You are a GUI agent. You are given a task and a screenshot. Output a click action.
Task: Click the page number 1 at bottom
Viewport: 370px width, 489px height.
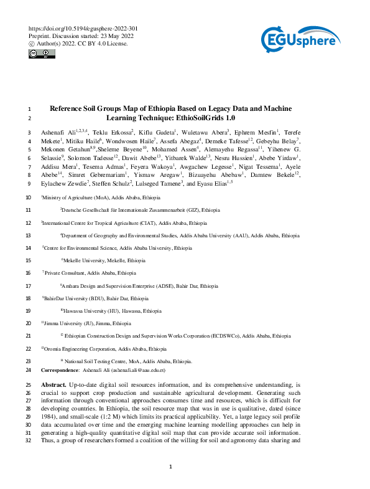tap(170, 467)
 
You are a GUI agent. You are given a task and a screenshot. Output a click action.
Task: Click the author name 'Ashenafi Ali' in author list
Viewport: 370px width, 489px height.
tap(60, 133)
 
